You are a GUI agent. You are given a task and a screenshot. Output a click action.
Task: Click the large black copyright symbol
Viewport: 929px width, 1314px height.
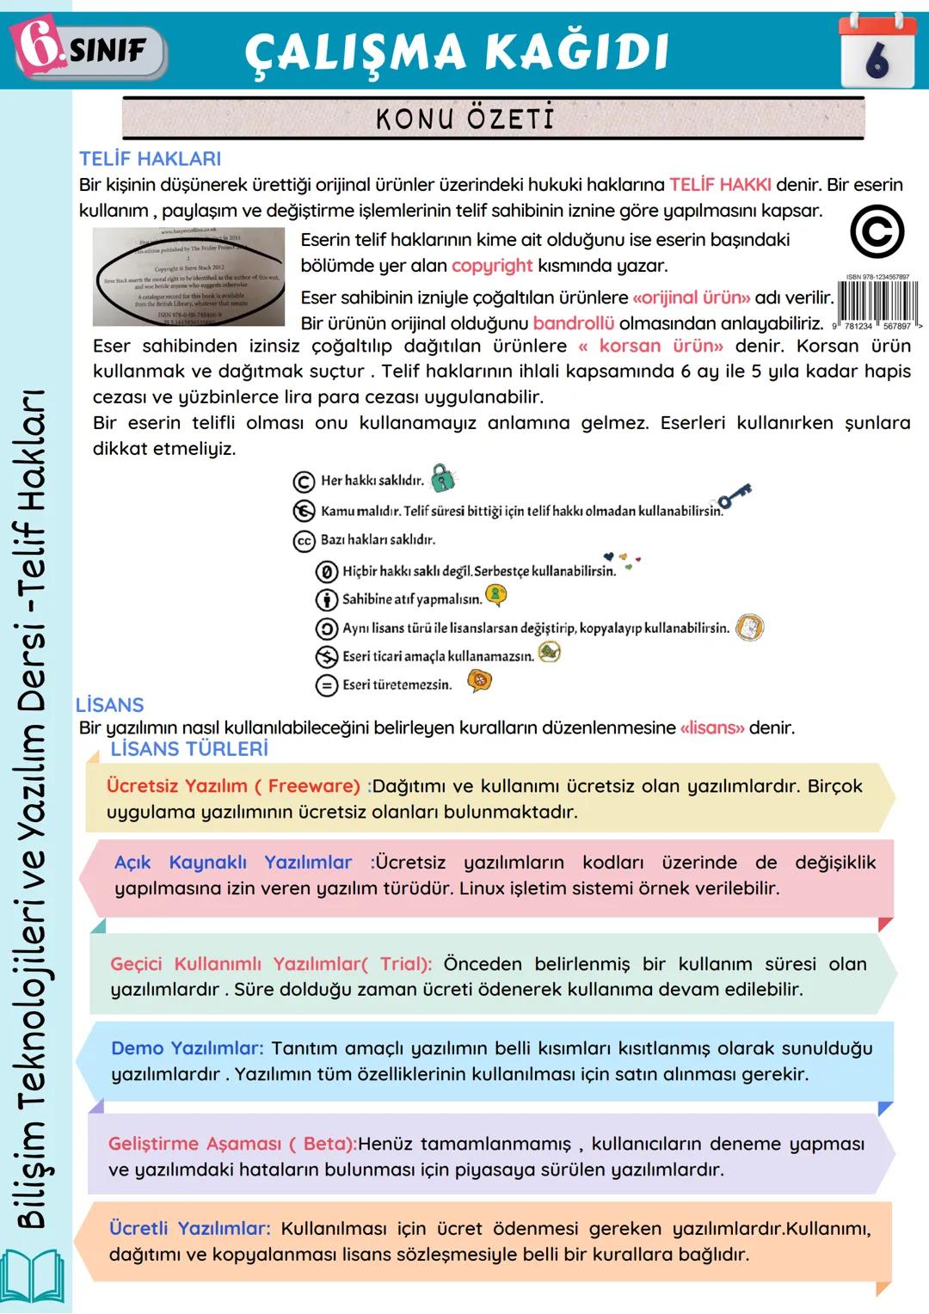[877, 232]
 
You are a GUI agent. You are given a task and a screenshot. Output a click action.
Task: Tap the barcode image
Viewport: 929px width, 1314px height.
[877, 303]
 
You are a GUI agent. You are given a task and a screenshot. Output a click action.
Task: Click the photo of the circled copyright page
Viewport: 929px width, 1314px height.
[188, 276]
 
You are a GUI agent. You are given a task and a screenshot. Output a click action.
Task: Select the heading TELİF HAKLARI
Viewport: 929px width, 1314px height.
[150, 159]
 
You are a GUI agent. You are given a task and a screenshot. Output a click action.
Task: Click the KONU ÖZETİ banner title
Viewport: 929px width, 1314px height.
[465, 119]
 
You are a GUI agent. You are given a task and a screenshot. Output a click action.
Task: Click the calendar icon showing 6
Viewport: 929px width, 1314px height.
[877, 52]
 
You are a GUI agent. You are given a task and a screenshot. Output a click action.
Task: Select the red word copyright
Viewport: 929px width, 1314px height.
[492, 266]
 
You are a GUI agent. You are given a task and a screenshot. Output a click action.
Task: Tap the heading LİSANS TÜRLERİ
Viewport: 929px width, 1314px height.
[189, 749]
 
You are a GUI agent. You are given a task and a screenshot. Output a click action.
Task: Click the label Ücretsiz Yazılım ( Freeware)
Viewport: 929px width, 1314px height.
[233, 786]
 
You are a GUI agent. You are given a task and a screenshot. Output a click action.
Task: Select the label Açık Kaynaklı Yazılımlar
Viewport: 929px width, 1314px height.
[233, 863]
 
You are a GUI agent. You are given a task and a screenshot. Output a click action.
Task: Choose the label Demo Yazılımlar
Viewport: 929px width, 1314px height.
[187, 1048]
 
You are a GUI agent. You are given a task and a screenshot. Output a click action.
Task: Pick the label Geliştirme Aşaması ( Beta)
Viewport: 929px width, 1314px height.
[231, 1144]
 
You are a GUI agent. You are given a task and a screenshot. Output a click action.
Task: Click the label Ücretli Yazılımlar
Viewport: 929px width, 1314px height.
[189, 1228]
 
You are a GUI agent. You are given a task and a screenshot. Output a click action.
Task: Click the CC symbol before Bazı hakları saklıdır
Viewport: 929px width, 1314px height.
[304, 541]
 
